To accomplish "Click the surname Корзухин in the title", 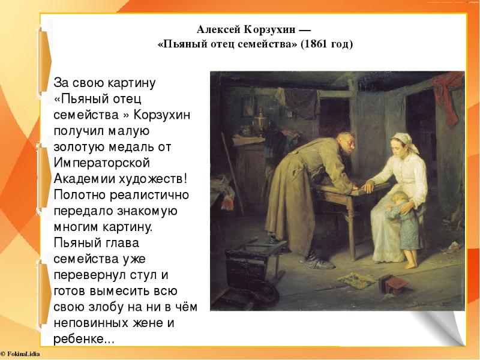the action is (x=270, y=30).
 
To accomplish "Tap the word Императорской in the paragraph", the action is (x=101, y=163).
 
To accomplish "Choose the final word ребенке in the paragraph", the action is (x=79, y=339).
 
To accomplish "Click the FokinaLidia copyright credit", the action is (x=20, y=354).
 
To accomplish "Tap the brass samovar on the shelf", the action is (x=261, y=122).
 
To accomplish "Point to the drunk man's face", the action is (x=347, y=145).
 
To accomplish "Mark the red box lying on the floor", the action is (x=392, y=284).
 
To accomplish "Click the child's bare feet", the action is (x=411, y=264).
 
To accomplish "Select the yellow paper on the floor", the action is (x=356, y=280).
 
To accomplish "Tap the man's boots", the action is (x=319, y=261).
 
